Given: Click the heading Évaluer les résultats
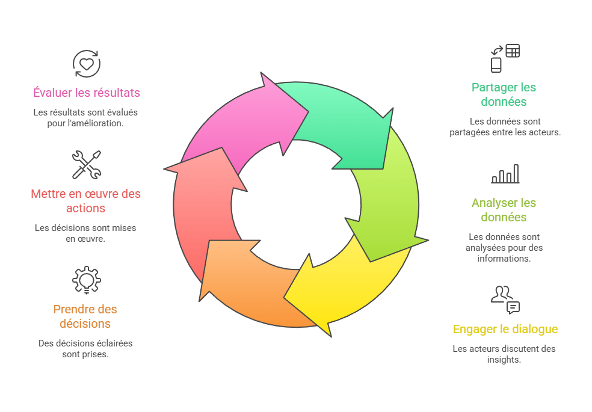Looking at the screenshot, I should point(87,93).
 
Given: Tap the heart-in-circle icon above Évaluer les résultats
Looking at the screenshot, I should point(87,63).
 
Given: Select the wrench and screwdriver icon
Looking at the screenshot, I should point(87,164).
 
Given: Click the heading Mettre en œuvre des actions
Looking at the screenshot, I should point(85,201).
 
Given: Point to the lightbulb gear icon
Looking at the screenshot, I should point(87,280).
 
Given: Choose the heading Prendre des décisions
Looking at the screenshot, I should point(85,316).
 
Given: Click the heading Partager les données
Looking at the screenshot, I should point(504,94).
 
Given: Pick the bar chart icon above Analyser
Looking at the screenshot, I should point(505,174).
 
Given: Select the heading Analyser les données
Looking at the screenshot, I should point(504,210).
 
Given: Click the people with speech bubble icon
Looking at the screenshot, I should point(505,300).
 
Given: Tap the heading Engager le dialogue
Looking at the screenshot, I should point(505,329).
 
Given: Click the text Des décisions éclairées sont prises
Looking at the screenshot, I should point(85,349).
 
